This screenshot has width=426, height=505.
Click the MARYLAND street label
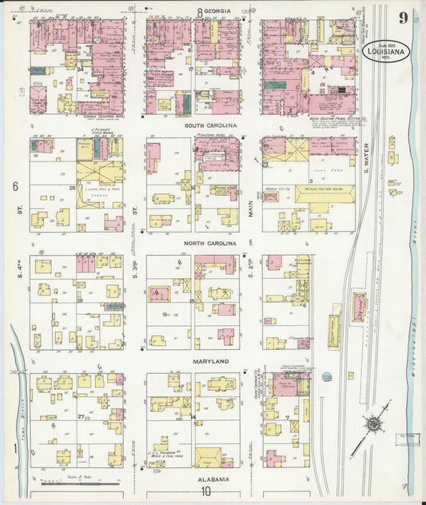click(x=211, y=361)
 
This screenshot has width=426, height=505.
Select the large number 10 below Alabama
click(x=207, y=491)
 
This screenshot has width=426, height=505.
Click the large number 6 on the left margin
click(x=14, y=186)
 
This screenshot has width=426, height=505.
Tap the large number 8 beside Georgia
click(x=200, y=11)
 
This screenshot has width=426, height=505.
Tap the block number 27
click(x=80, y=417)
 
